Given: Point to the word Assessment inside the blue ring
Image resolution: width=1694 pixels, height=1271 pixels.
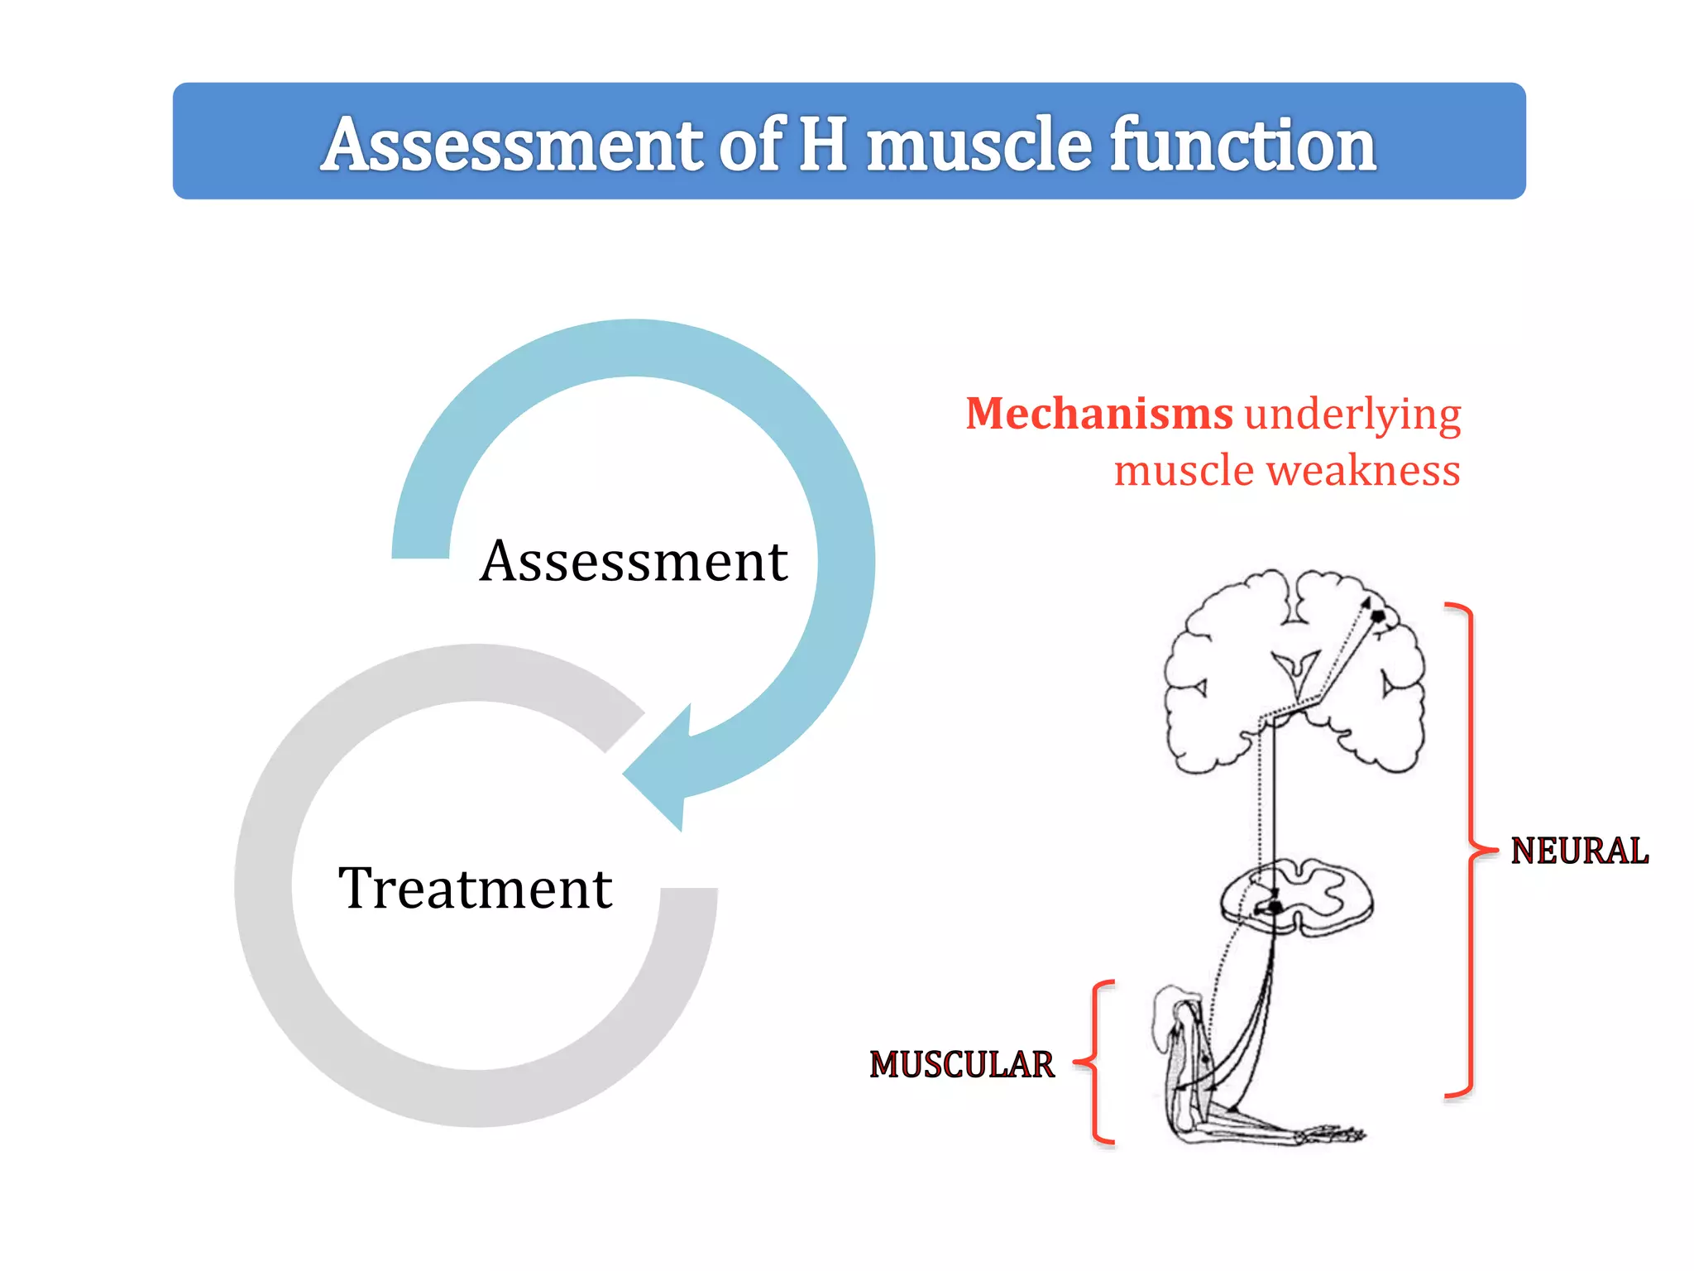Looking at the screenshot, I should point(634,562).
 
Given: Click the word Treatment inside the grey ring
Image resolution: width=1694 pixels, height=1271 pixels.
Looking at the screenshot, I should point(476,889).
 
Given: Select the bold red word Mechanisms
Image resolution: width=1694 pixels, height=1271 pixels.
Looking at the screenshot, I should point(1099,413).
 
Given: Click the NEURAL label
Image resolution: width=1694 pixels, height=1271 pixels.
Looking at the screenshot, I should point(1579,851).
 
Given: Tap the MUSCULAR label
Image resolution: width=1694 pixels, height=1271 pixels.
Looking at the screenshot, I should point(962,1065).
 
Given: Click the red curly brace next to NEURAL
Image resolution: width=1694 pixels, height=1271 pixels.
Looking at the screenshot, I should point(1471,850).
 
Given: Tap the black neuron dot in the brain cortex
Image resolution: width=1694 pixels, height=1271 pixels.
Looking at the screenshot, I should point(1377,616).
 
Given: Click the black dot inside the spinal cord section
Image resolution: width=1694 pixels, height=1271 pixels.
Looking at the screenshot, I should point(1275,908).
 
